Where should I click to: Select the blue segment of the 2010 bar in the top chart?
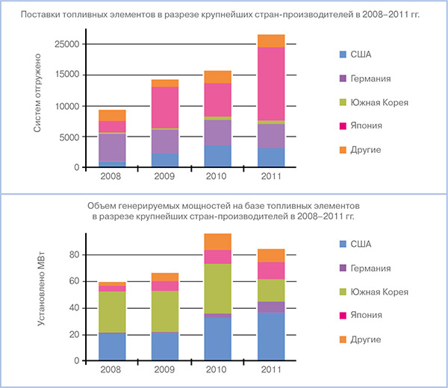[218, 156]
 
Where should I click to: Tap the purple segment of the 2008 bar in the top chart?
[112, 147]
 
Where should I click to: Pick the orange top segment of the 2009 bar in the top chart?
[165, 83]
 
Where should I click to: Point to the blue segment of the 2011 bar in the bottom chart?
[271, 337]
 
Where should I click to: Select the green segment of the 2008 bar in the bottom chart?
[112, 312]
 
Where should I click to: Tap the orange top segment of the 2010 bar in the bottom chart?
[218, 241]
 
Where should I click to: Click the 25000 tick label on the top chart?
[69, 44]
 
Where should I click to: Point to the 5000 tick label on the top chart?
[72, 137]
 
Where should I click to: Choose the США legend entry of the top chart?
[358, 54]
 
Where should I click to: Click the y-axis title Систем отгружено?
[37, 98]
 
